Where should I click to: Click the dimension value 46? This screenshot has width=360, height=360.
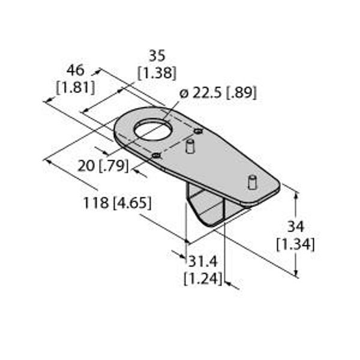click(76, 70)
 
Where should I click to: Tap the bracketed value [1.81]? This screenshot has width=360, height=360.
click(76, 88)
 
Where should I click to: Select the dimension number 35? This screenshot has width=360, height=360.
click(157, 56)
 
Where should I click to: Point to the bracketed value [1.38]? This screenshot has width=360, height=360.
click(157, 73)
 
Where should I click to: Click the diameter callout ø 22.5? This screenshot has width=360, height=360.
click(200, 93)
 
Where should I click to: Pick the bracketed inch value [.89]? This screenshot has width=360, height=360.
click(241, 93)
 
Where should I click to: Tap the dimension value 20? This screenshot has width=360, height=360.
click(86, 166)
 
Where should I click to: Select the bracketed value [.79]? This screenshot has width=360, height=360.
click(114, 166)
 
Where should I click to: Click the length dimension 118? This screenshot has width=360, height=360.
click(96, 203)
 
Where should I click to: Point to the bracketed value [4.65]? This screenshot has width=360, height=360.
click(133, 203)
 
